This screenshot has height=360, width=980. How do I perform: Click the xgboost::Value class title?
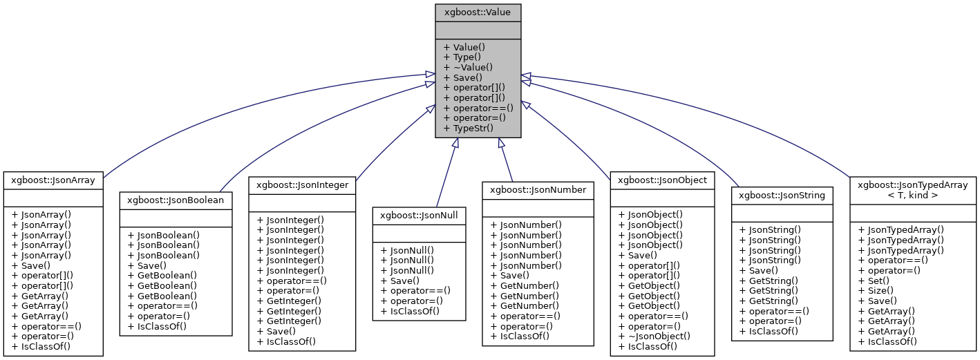point(478,12)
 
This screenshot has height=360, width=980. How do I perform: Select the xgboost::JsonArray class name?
point(53,180)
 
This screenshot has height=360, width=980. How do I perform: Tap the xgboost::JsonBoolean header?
point(176,200)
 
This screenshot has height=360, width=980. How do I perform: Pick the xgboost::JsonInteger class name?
point(302,185)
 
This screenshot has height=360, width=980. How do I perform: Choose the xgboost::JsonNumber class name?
point(537,189)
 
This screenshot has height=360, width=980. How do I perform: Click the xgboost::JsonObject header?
point(662,180)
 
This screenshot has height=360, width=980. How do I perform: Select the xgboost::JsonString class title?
point(782,195)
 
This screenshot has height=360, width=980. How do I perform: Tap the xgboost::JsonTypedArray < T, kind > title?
point(912,189)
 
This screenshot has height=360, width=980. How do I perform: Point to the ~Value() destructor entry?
point(468,68)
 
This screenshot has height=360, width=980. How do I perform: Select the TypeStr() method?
point(468,128)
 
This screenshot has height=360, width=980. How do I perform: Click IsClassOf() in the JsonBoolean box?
point(157,325)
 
